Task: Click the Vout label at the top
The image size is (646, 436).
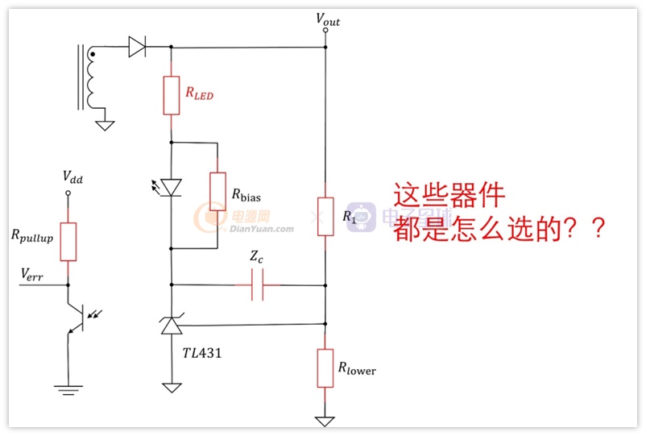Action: pos(328,20)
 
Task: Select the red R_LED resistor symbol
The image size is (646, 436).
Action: pos(172,95)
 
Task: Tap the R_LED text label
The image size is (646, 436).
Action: pos(200,93)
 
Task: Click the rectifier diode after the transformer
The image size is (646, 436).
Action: pos(137,47)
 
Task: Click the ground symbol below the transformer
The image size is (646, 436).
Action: pos(105,125)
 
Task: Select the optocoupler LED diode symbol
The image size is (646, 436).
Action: pos(171,188)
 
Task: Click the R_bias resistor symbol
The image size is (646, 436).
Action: pos(217,192)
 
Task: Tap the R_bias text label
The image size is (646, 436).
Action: pos(246,195)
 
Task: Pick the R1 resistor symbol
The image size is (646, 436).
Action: pos(325,217)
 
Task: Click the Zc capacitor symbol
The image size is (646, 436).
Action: pos(257,284)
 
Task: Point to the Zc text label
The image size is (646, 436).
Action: pos(256,257)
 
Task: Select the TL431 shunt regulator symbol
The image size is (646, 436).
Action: pos(172,324)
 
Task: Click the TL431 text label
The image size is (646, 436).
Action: pos(202,353)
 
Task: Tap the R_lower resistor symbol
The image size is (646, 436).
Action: pos(325,368)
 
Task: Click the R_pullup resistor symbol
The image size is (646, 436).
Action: pos(68,242)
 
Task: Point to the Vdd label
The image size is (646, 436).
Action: pos(72,177)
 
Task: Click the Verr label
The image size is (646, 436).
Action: pos(31,275)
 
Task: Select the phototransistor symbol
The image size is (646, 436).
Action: pos(81,318)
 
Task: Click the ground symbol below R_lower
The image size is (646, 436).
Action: pos(325,421)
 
